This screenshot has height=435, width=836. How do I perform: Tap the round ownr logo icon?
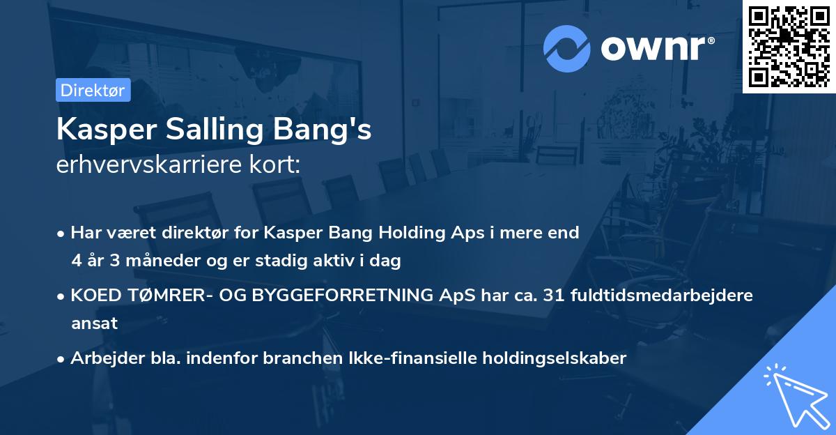566,49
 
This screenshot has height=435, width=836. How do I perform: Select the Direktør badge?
93,90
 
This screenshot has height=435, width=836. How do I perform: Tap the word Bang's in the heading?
330,130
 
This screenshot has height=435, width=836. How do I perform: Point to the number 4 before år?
76,261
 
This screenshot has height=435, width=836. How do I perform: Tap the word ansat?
94,323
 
